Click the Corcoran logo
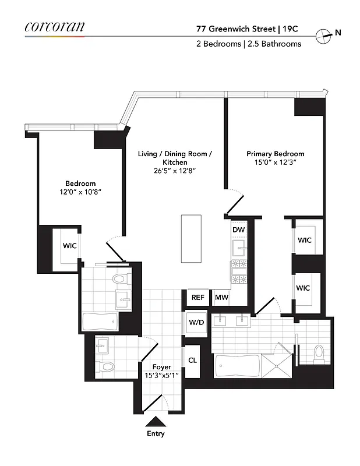click(x=55, y=26)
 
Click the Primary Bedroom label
click(x=275, y=154)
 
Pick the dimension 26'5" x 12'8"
click(x=175, y=171)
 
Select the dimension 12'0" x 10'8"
click(x=80, y=192)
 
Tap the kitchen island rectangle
click(x=191, y=239)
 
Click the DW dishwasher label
click(x=239, y=230)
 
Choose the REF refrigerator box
click(x=198, y=298)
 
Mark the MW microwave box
click(x=221, y=298)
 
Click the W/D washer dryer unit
click(x=195, y=322)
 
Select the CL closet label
click(x=192, y=360)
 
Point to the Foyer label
click(x=161, y=367)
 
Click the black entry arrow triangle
click(x=155, y=421)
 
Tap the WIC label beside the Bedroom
click(x=69, y=245)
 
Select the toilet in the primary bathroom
click(x=318, y=352)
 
